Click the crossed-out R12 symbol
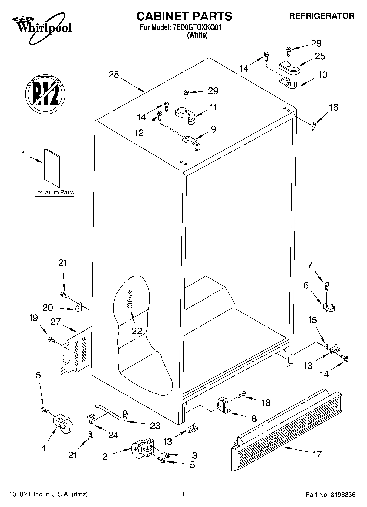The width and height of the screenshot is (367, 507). tap(45, 93)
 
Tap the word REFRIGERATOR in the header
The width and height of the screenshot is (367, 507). tap(322, 16)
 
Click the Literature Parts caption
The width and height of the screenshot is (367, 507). tap(54, 192)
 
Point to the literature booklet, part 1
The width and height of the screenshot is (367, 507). tap(53, 168)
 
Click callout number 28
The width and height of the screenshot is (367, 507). tap(114, 74)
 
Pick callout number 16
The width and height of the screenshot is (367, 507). tap(333, 107)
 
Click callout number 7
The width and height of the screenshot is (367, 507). tap(310, 265)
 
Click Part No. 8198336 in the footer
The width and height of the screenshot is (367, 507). tap(330, 495)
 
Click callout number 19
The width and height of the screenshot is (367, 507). tap(33, 318)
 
